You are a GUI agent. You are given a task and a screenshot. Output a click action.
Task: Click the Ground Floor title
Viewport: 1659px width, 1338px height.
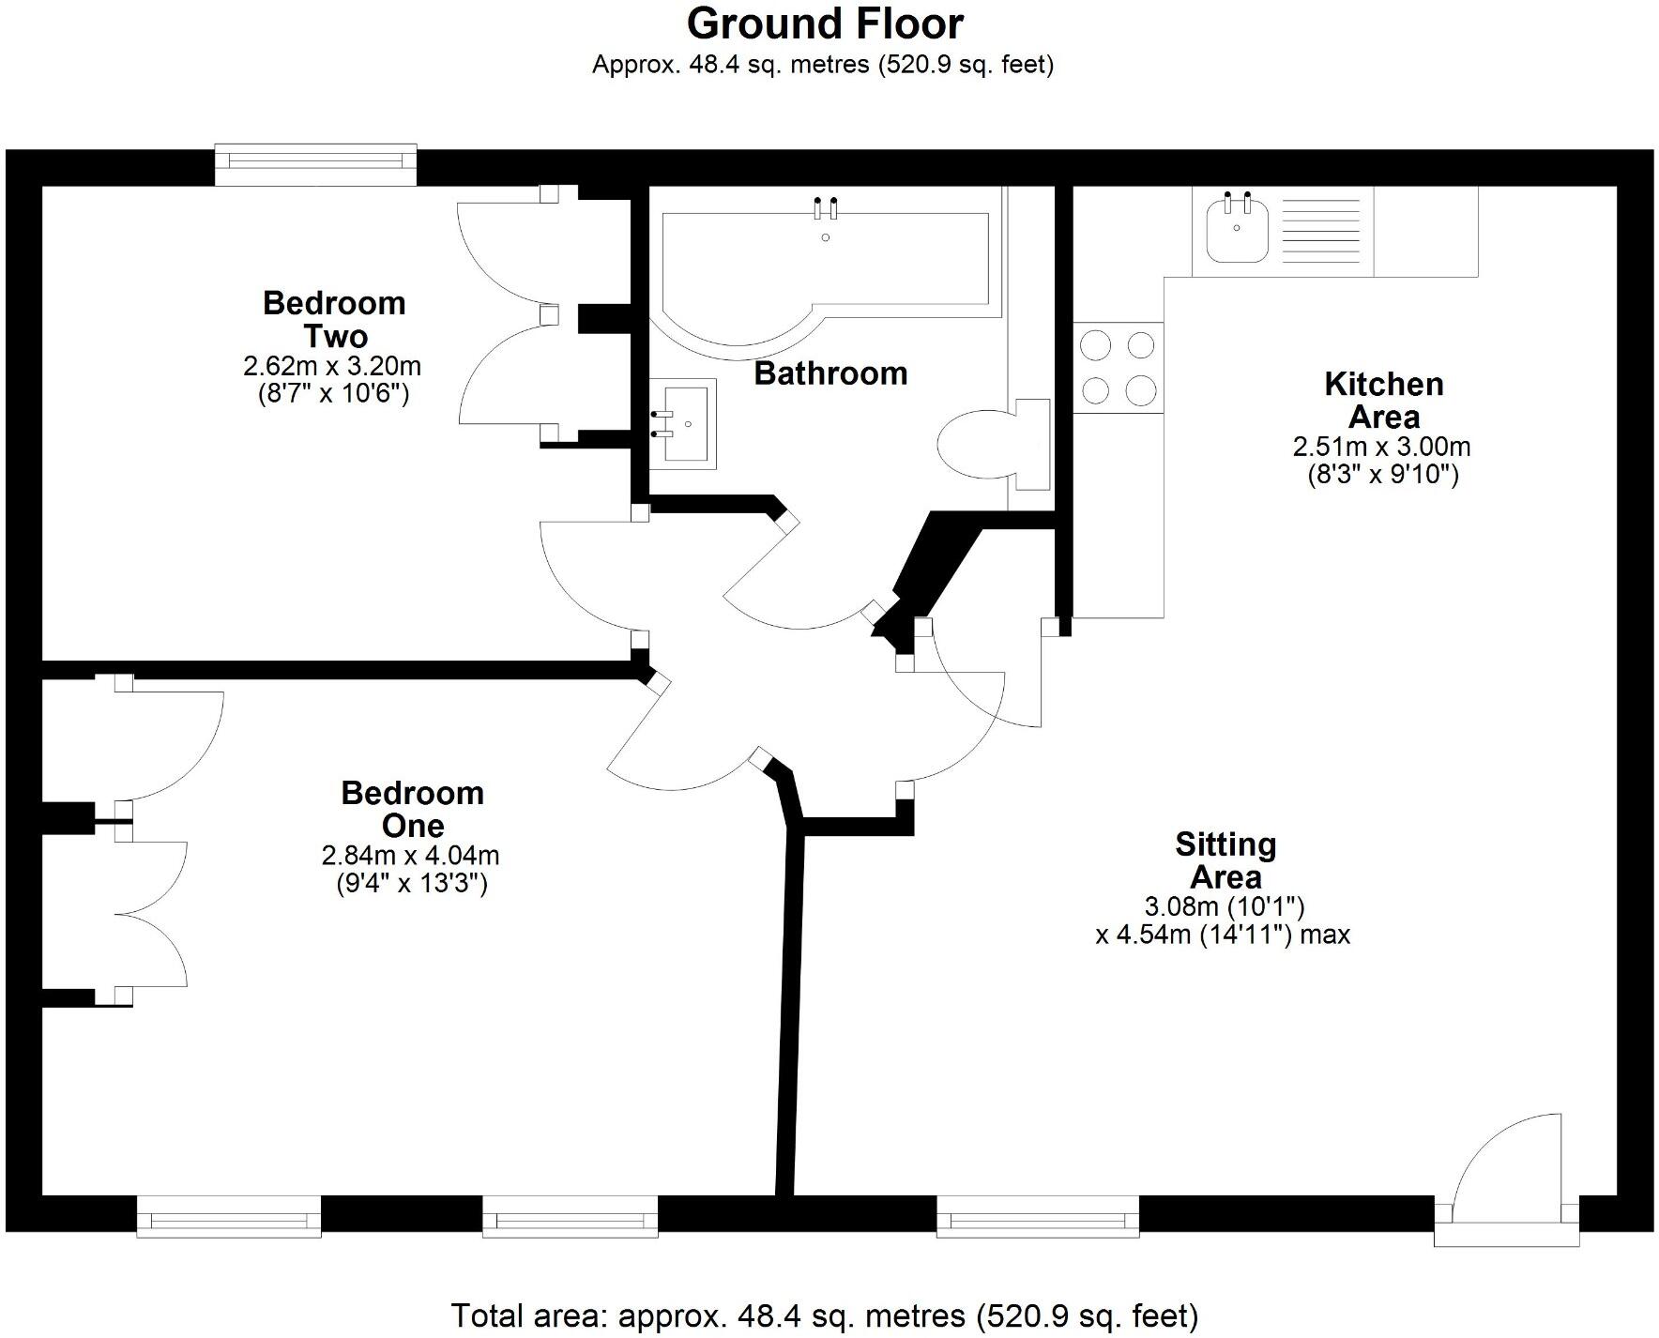pyautogui.click(x=825, y=24)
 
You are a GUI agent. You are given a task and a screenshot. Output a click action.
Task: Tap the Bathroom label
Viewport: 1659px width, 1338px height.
pyautogui.click(x=830, y=373)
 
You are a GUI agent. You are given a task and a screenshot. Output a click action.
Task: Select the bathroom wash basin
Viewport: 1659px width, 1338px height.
pyautogui.click(x=683, y=423)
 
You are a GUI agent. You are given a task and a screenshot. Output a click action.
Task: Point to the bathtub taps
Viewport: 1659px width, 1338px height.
pyautogui.click(x=825, y=207)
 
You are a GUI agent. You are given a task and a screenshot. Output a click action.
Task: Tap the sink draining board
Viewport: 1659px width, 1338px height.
pyautogui.click(x=1324, y=231)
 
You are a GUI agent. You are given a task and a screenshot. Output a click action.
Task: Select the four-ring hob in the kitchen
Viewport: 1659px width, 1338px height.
pyautogui.click(x=1118, y=368)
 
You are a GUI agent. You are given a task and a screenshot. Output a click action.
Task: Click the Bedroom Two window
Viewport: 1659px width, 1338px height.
pyautogui.click(x=315, y=164)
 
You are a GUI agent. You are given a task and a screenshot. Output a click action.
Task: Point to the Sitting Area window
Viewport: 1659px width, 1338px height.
pyautogui.click(x=1038, y=1217)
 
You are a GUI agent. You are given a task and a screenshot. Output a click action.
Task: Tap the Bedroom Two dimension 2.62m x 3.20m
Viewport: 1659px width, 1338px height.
pyautogui.click(x=332, y=365)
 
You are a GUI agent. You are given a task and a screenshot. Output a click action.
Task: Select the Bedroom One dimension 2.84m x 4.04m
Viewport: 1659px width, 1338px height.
pyautogui.click(x=411, y=856)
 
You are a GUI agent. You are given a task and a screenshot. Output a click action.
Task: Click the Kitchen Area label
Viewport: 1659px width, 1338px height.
pyautogui.click(x=1383, y=400)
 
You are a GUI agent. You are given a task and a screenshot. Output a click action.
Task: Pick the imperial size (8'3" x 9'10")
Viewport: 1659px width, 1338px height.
pyautogui.click(x=1383, y=475)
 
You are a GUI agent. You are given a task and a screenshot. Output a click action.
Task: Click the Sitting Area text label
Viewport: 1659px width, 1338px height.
pyautogui.click(x=1225, y=860)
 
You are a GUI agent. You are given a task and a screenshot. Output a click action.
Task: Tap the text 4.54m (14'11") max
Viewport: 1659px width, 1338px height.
pyautogui.click(x=1223, y=935)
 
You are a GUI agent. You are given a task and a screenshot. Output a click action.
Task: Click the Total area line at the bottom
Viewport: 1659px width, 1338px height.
pyautogui.click(x=825, y=1315)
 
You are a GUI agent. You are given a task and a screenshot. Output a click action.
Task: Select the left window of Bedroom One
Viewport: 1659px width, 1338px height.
pyautogui.click(x=228, y=1217)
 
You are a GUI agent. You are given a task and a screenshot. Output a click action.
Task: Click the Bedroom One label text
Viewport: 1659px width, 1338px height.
pyautogui.click(x=412, y=809)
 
